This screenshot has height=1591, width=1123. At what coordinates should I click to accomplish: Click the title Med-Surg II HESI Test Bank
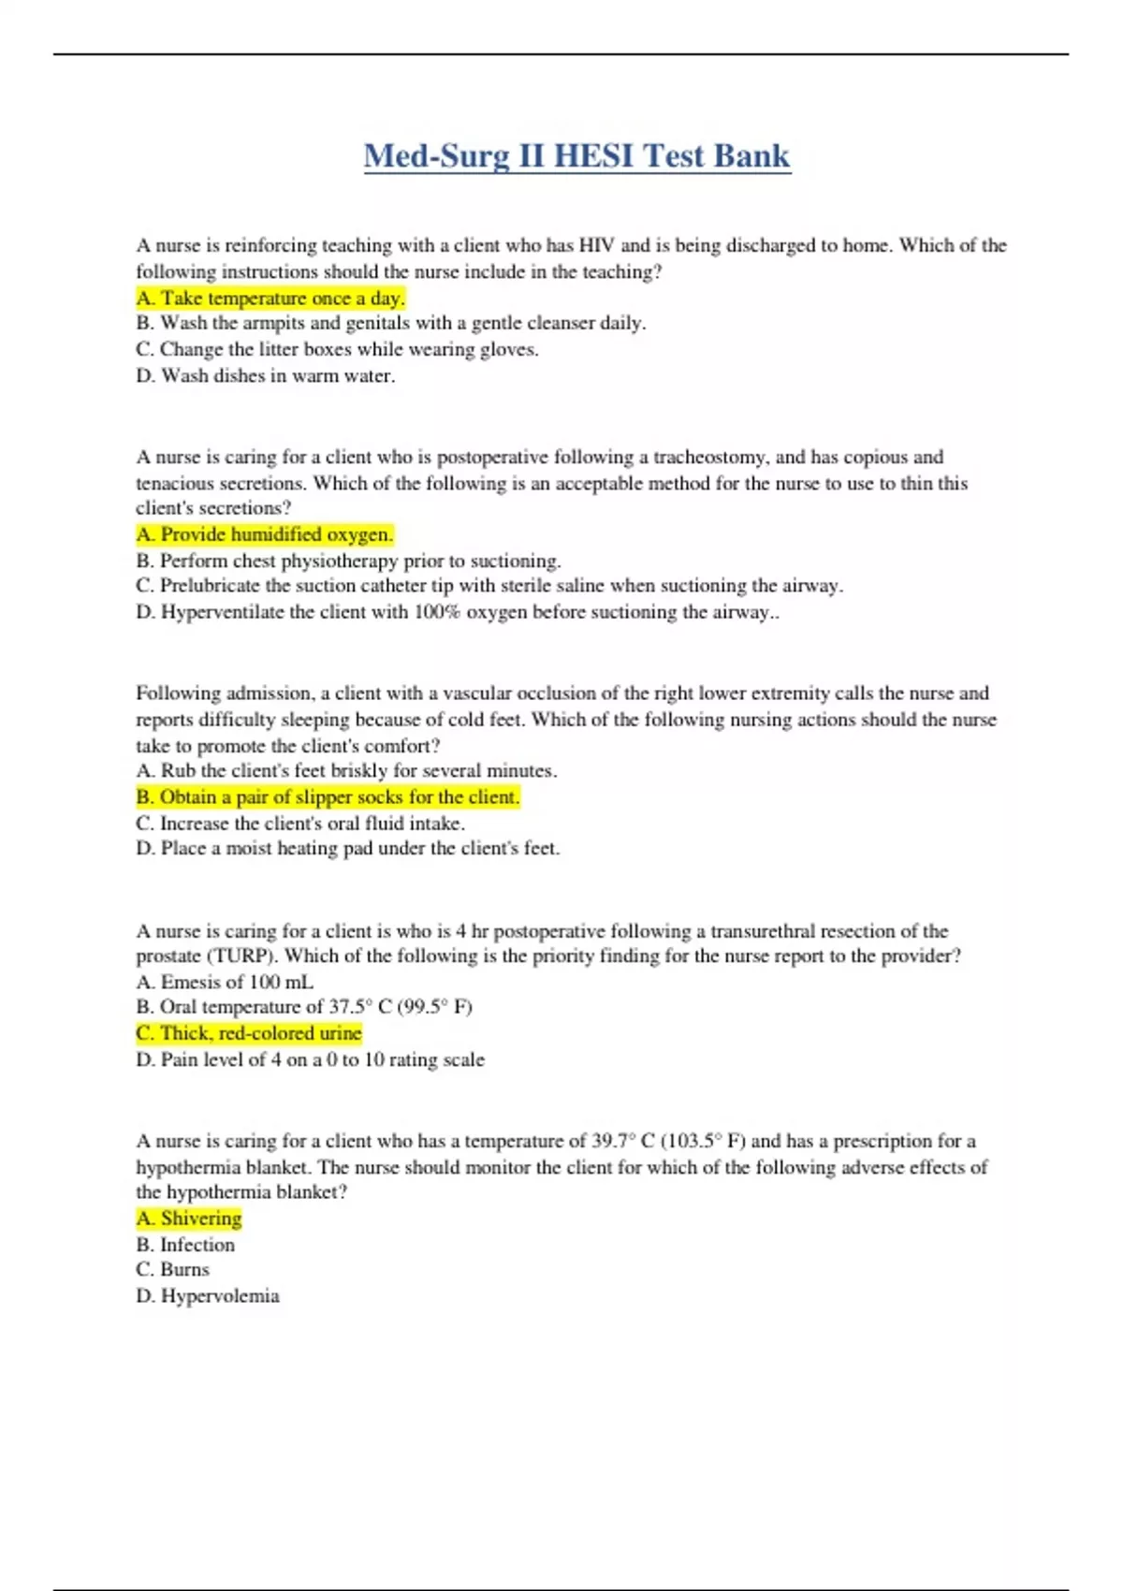(x=576, y=155)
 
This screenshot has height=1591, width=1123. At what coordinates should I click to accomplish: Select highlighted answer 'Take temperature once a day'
(x=270, y=299)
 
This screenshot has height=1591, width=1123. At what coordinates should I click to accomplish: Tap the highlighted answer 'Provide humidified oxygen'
(x=265, y=534)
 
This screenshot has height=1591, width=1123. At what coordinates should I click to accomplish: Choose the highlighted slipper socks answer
(x=328, y=797)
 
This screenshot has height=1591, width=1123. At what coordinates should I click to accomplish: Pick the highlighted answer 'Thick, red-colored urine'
(x=249, y=1033)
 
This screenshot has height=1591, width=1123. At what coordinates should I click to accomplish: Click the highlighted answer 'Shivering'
(x=189, y=1219)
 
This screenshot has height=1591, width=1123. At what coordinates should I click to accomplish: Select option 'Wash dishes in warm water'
(x=266, y=376)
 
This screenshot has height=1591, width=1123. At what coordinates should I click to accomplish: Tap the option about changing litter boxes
(x=337, y=350)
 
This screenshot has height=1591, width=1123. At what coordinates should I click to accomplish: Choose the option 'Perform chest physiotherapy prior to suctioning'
(x=348, y=561)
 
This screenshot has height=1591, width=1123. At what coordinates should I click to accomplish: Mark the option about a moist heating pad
(x=348, y=849)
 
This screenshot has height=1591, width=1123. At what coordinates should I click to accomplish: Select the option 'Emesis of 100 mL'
(x=225, y=982)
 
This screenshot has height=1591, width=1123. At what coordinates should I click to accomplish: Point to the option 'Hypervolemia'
(x=208, y=1296)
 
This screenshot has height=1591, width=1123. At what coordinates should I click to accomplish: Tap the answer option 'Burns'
(x=173, y=1270)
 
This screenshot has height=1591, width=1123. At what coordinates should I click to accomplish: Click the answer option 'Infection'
(x=185, y=1245)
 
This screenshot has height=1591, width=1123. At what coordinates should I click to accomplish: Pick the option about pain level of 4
(x=311, y=1060)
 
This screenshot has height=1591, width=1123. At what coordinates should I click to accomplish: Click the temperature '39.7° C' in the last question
(x=622, y=1141)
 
